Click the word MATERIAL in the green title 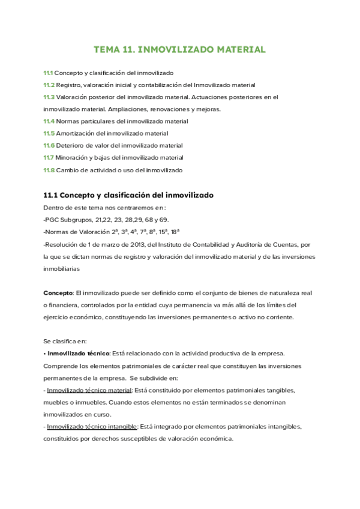235,49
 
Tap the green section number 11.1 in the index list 48,73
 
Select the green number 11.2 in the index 49,85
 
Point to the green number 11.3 49,97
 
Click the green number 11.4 49,121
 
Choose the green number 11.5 49,133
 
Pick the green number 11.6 49,145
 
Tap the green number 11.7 49,158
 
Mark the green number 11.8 49,170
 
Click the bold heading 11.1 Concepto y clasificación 128,195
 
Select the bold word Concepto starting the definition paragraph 58,293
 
